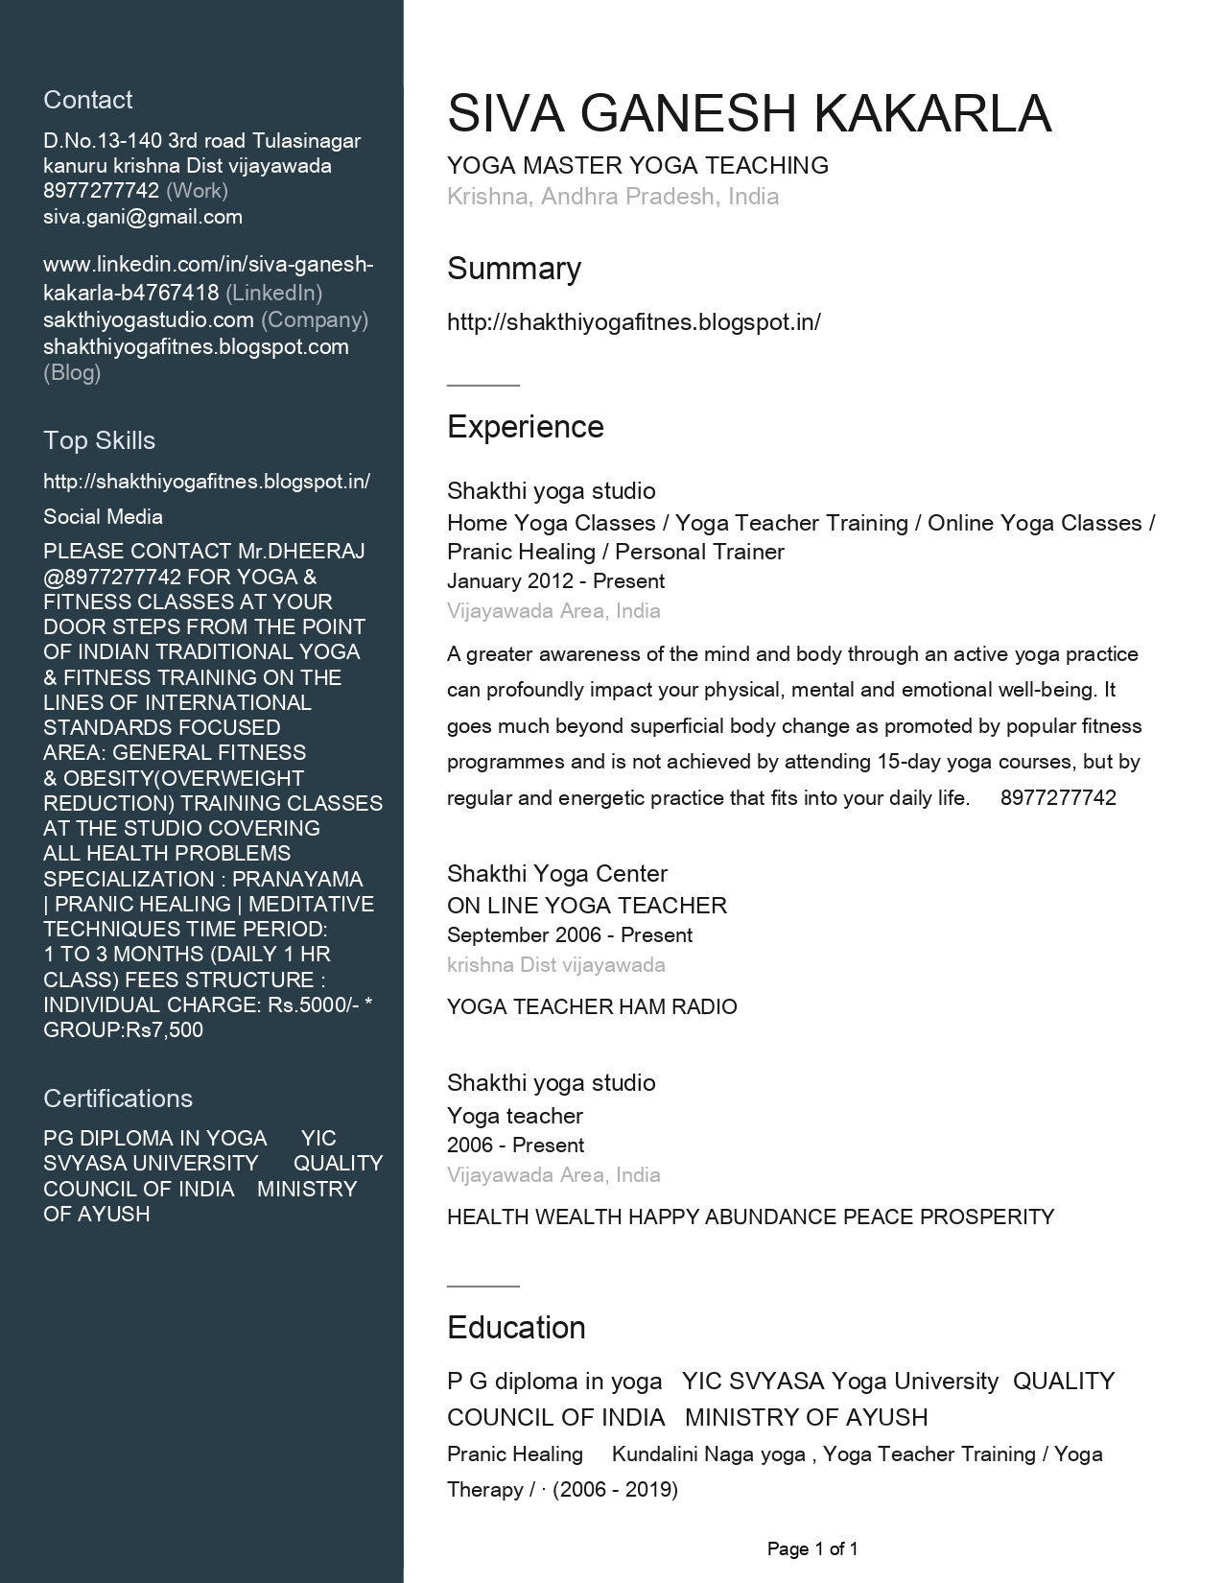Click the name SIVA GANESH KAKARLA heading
coord(749,113)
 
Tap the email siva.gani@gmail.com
coord(143,217)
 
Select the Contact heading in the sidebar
coord(88,100)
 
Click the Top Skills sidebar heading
coord(99,440)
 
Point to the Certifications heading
coord(118,1099)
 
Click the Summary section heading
coord(514,269)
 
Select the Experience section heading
coord(526,427)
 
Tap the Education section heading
coord(516,1328)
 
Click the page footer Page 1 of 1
coord(812,1548)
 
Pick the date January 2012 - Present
coord(555,581)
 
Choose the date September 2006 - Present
coord(570,935)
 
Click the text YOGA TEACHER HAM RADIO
coord(592,1007)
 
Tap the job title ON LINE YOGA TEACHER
coord(587,906)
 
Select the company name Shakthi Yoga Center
coord(557,874)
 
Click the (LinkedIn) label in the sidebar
coord(273,293)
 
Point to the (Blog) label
coord(72,373)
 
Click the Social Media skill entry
coord(103,517)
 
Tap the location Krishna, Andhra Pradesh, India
coord(613,197)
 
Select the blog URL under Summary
coord(634,322)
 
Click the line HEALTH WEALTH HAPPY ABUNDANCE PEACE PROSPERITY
coord(750,1217)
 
